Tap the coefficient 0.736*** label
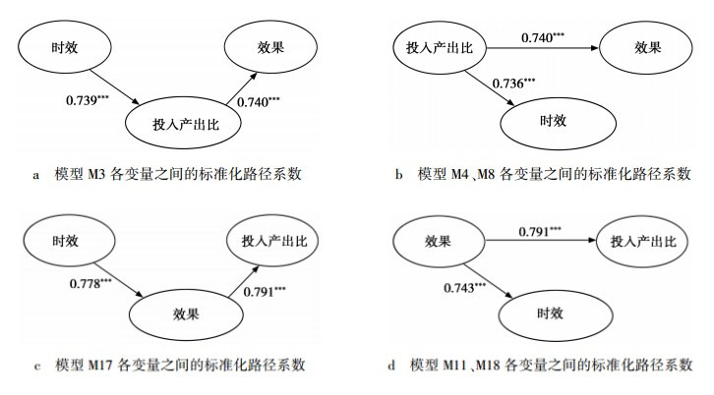[515, 83]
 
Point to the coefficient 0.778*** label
[91, 284]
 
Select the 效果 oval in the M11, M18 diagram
[438, 242]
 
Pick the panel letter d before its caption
[393, 367]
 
